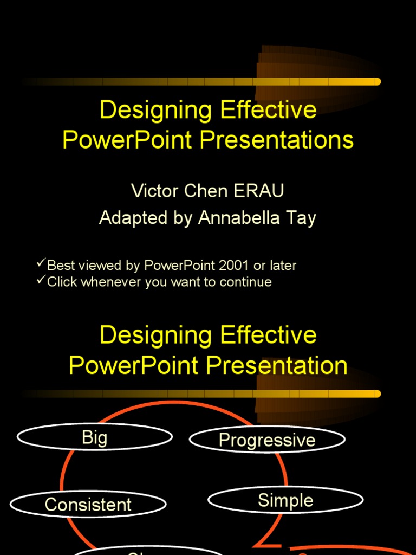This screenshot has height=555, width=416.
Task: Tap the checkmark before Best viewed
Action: point(41,264)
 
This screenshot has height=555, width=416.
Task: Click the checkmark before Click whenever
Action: point(41,280)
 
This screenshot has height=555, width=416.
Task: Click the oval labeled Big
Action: point(95,437)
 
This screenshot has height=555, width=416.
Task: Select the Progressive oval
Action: point(267,440)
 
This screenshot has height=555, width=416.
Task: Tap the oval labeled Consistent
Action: point(88,505)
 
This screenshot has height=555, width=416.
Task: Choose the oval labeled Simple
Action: point(285,500)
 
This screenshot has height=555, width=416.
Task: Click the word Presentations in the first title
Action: point(277,140)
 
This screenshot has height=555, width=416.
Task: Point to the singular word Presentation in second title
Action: point(277,365)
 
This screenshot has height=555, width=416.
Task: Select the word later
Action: point(283,266)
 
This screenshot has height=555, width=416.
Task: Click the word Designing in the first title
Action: point(156,110)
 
